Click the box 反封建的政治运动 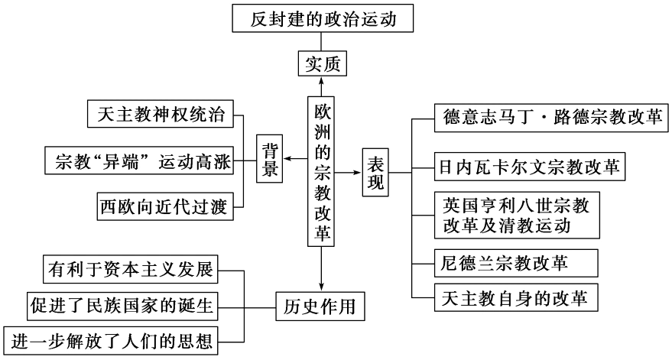(323, 18)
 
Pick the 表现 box (375, 174)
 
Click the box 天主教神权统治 (161, 115)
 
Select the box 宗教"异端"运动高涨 (139, 161)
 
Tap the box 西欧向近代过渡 (164, 206)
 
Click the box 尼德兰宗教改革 (504, 261)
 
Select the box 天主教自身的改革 (515, 297)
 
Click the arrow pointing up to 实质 (322, 86)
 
